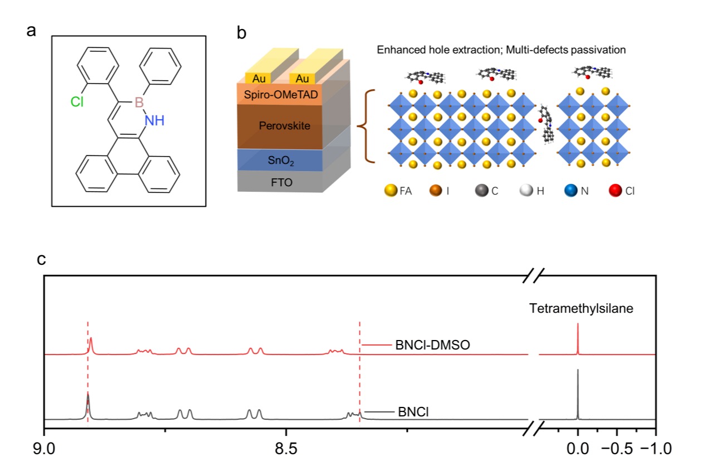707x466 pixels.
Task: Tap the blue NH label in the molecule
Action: pos(154,120)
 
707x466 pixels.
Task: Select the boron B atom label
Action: pos(139,103)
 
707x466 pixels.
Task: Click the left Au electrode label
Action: pos(259,79)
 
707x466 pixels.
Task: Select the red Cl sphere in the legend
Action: pos(613,191)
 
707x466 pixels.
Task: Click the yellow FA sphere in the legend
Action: pos(390,191)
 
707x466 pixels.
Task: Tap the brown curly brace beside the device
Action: pos(368,126)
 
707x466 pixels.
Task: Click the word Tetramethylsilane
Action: pos(581,308)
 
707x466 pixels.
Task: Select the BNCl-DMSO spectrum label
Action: pos(432,345)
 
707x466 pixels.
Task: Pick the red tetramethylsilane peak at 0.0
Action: pos(578,338)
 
